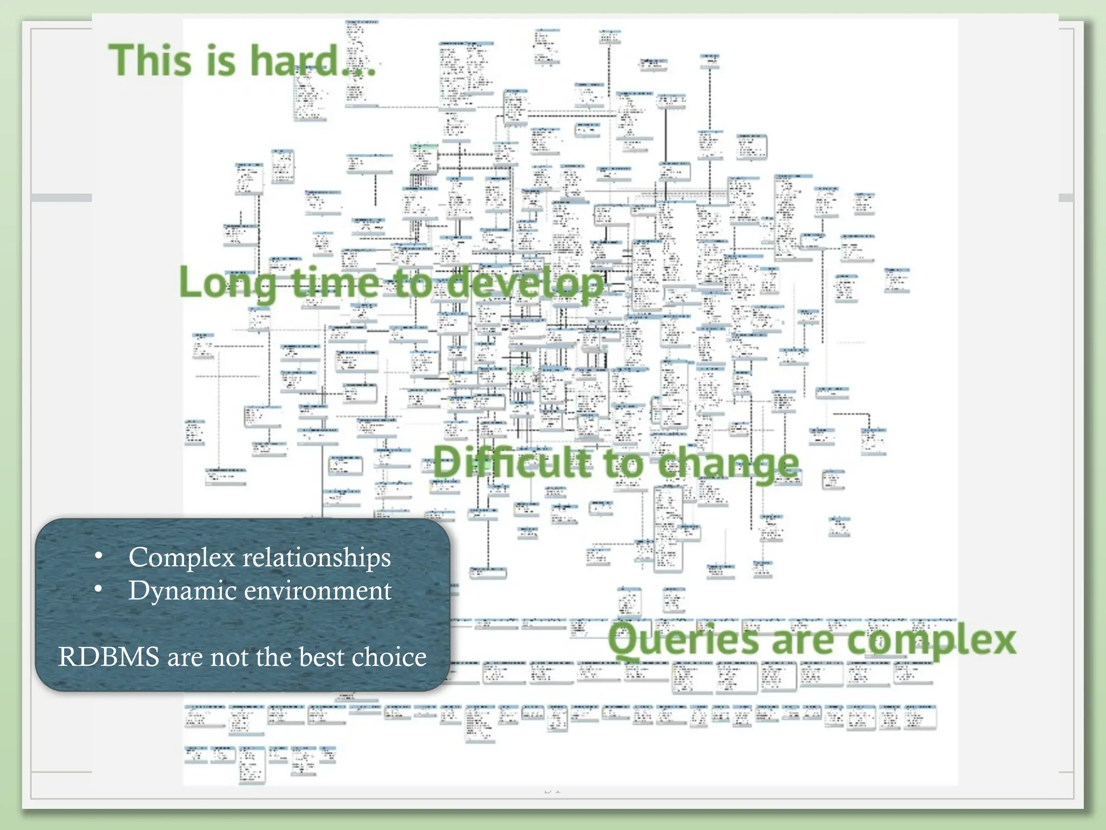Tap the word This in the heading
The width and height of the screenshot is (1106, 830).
(151, 60)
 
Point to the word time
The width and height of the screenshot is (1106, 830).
(336, 282)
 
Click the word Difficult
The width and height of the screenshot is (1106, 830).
(511, 463)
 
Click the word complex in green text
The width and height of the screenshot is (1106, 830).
(930, 641)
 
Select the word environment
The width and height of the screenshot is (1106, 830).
(318, 591)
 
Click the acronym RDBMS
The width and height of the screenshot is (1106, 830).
(109, 657)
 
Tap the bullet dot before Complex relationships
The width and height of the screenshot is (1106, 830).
(98, 556)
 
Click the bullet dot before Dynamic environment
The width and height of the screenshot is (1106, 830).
(98, 590)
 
